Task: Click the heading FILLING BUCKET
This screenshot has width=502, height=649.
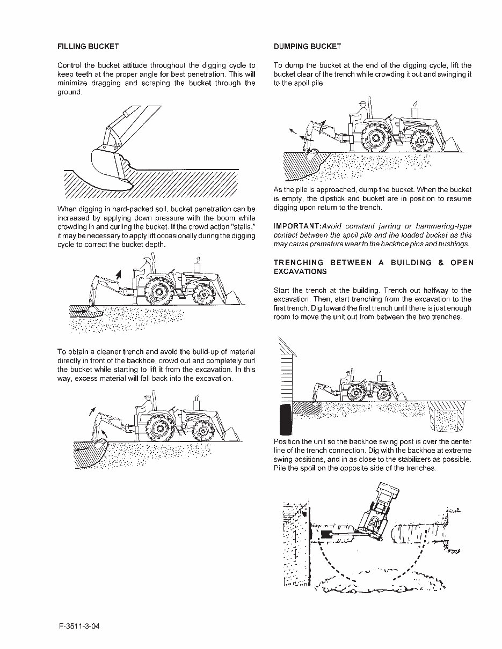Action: tap(88, 47)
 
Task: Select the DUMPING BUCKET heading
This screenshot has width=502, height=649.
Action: tap(307, 47)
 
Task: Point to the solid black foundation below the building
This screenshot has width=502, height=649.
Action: tap(285, 421)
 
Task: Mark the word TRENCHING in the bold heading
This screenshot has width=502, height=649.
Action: tap(299, 262)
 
